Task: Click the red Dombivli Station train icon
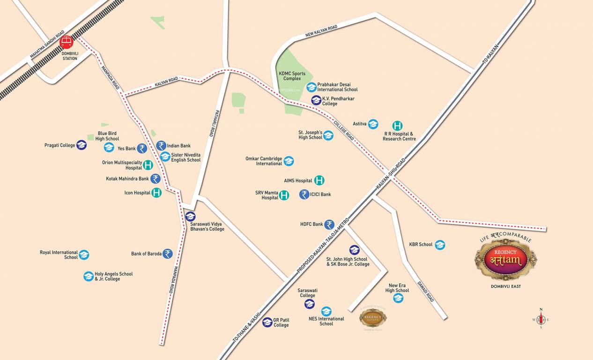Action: coord(67,42)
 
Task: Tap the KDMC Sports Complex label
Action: coord(292,76)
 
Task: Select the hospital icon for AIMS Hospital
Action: coord(319,180)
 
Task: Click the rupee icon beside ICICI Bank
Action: coord(304,194)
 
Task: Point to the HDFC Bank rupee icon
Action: coord(330,225)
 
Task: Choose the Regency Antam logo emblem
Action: coord(506,259)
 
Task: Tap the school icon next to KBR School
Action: coord(440,245)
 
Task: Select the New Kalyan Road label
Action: coord(321,31)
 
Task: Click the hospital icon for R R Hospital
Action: coord(397,126)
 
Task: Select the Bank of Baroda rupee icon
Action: coord(168,254)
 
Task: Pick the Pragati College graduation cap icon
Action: coord(82,145)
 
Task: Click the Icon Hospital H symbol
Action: coord(157,193)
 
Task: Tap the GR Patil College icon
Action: coord(267,322)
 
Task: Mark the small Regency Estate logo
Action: coord(373,318)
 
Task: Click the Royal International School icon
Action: coord(84,255)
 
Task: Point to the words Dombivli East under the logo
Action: coord(505,286)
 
